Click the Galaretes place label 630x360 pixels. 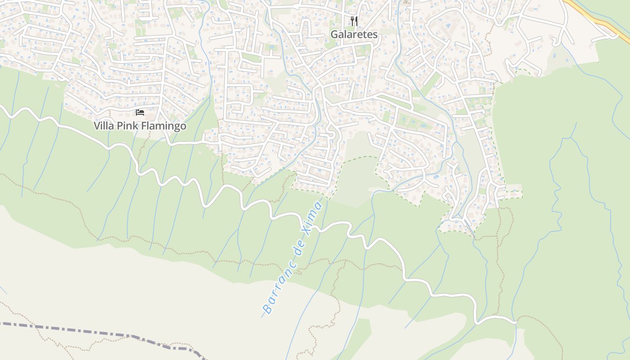tap(354, 34)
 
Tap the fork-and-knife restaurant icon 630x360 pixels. tap(354, 21)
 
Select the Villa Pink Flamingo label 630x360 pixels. tap(140, 126)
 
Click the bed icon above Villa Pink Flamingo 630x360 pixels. tap(140, 112)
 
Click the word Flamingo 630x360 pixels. tap(164, 126)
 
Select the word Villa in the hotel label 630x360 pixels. tap(104, 126)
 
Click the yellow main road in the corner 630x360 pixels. tap(598, 20)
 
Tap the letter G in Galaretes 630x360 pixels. tap(334, 34)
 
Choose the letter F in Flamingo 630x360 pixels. tap(144, 126)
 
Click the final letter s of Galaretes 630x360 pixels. tap(375, 34)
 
